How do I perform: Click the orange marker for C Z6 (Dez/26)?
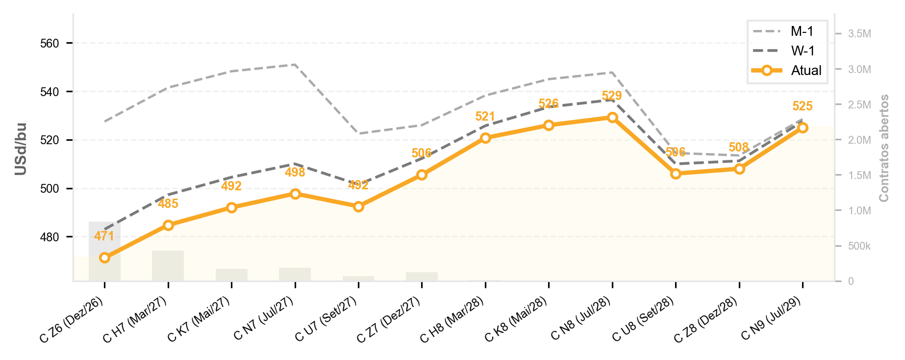[104, 257]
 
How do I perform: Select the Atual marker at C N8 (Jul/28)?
[612, 117]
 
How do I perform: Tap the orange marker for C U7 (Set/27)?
[358, 206]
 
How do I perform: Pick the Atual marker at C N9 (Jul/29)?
[803, 128]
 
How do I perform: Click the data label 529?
[612, 96]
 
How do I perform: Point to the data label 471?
[104, 236]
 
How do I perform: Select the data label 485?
[168, 204]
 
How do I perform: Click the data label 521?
[485, 116]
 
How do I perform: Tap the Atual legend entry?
[786, 71]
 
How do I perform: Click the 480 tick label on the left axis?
[49, 237]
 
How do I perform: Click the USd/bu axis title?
[21, 149]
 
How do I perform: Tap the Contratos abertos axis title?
[884, 148]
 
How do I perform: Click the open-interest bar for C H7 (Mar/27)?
[168, 266]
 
